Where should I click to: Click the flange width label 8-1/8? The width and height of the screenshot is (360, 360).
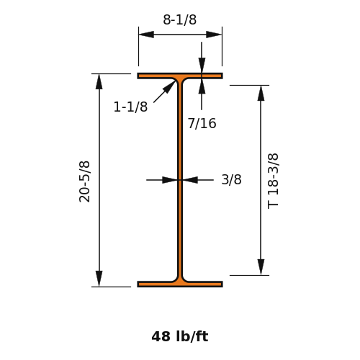coord(180,19)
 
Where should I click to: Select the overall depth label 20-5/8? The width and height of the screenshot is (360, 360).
coord(84,181)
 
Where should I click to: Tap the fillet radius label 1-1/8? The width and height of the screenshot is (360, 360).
coord(130,107)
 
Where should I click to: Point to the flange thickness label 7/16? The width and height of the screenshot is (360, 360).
coord(202,123)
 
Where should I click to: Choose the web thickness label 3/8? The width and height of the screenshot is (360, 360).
coord(231,179)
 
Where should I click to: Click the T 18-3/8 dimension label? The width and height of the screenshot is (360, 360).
coord(273,181)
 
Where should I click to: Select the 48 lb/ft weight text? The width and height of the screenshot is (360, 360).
coord(180,336)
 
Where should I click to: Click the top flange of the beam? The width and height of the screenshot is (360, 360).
coord(180,76)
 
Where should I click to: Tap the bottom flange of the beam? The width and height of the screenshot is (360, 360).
coord(180,284)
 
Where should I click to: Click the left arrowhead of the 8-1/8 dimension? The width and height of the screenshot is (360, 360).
coord(146,35)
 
